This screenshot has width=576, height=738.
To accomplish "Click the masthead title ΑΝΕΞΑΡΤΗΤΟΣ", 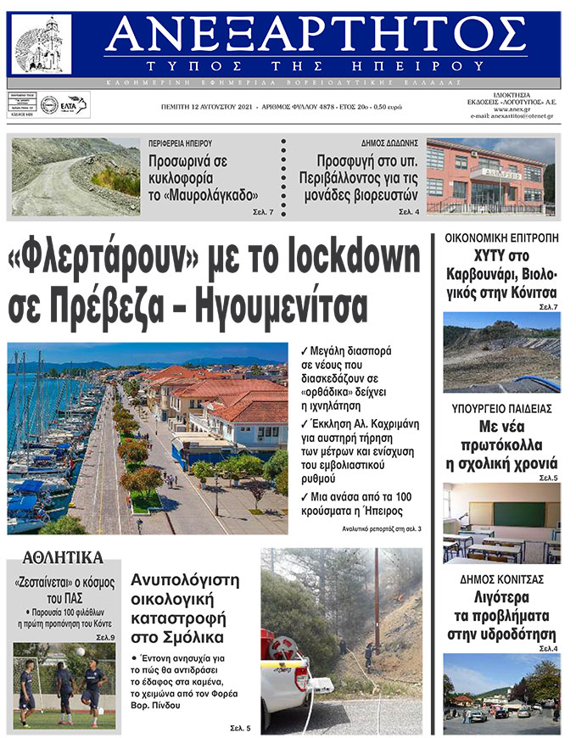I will [316, 34].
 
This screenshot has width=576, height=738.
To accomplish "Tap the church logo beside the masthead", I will [43, 44].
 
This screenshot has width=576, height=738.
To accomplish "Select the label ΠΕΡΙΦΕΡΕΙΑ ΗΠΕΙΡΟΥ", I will [180, 143].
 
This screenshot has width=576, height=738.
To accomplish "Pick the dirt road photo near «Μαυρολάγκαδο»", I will [75, 176].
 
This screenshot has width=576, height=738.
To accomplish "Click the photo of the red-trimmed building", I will [489, 176].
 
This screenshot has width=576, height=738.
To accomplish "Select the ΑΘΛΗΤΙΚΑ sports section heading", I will [63, 557].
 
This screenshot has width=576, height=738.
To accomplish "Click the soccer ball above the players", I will [81, 651].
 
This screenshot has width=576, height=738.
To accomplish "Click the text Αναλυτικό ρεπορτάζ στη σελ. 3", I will [381, 529].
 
